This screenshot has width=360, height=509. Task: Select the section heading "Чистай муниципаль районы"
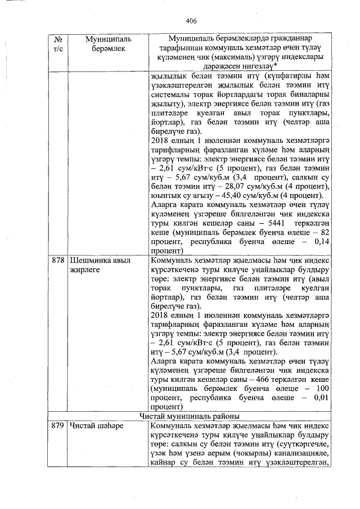pos(190,416)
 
